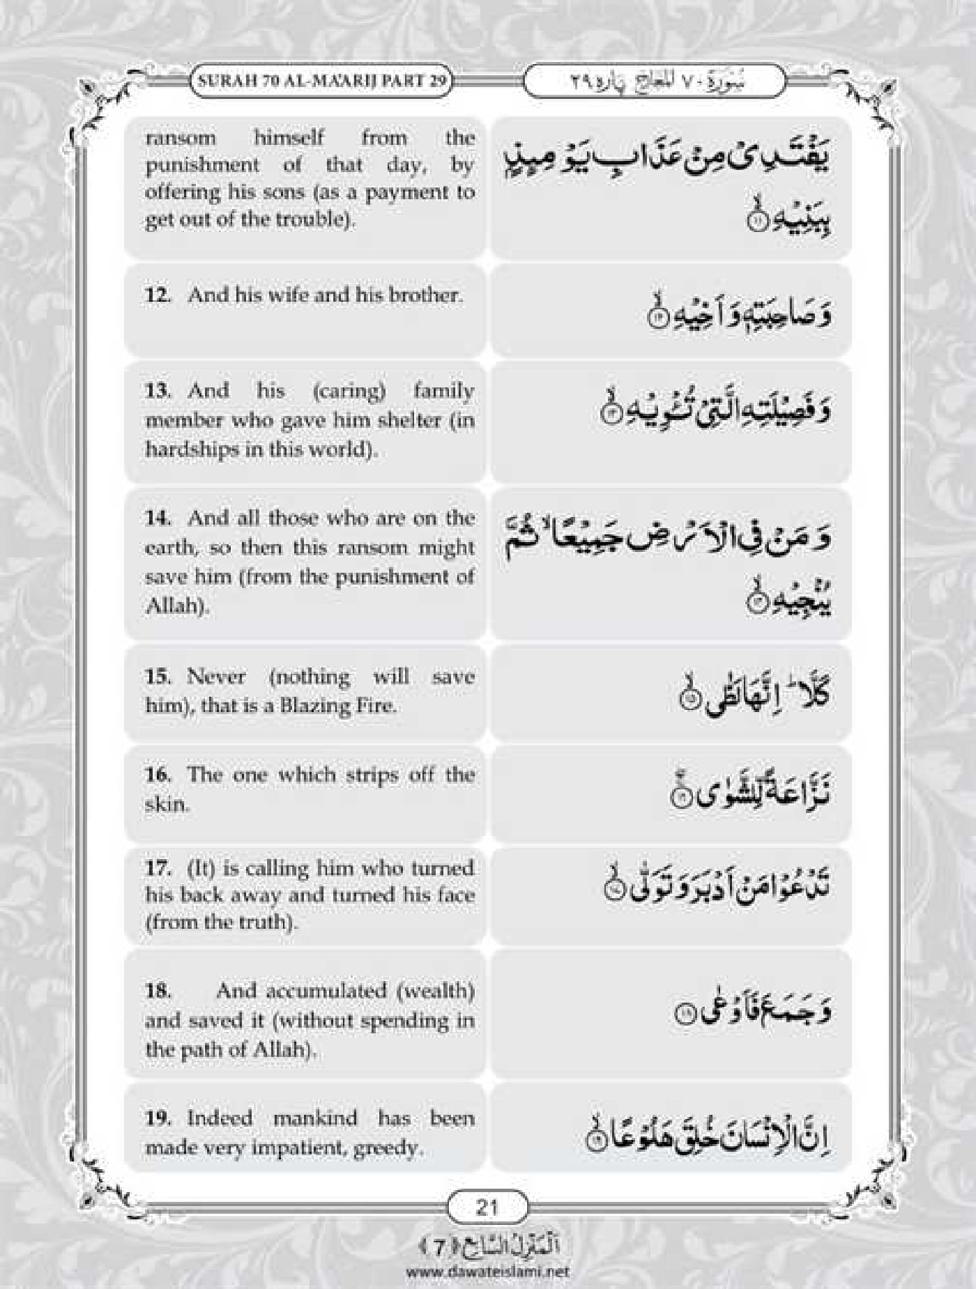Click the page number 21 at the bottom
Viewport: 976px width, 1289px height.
coord(486,1206)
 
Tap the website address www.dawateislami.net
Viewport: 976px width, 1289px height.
coord(487,1271)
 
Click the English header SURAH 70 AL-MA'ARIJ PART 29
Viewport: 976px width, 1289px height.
coord(322,80)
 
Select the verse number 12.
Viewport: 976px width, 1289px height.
coord(158,295)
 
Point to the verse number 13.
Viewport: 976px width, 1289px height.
coord(158,390)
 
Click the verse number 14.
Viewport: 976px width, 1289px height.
coord(158,518)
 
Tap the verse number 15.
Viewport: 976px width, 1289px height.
coord(158,677)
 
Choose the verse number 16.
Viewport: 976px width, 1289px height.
coord(158,775)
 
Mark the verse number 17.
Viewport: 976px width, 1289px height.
coord(158,868)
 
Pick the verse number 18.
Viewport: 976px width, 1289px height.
coord(158,990)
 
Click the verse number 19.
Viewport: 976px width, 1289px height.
coord(158,1118)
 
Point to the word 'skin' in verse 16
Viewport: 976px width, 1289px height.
coord(165,804)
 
